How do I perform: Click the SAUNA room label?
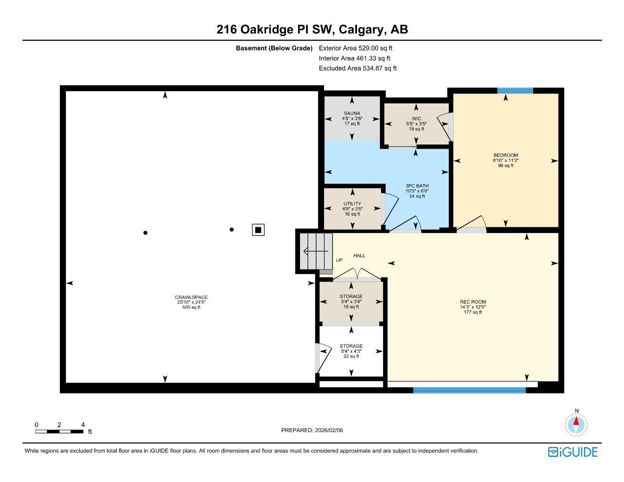click(x=352, y=113)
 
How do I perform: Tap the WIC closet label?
click(x=416, y=119)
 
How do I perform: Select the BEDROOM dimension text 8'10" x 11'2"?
click(x=505, y=161)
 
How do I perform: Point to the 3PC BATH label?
click(x=417, y=186)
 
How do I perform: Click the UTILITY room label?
click(x=352, y=204)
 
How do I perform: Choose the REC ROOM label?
click(x=473, y=302)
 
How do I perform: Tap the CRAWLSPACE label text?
click(x=191, y=297)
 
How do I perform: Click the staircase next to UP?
click(x=316, y=251)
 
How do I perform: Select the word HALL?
click(x=359, y=256)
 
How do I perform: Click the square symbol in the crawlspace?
click(x=258, y=230)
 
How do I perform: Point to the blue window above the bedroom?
click(x=515, y=91)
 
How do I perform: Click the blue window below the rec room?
click(x=469, y=390)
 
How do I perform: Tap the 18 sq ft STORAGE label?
click(x=351, y=297)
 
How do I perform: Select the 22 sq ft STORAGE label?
click(x=351, y=346)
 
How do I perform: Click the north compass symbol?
click(x=576, y=425)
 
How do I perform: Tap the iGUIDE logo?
click(x=573, y=452)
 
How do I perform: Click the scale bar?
click(x=59, y=431)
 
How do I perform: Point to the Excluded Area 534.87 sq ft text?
click(x=357, y=68)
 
